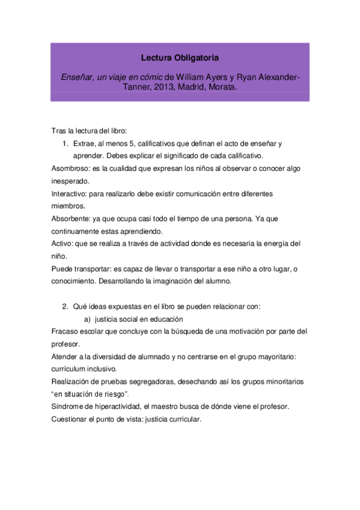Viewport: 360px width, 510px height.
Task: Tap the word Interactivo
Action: pos(69,193)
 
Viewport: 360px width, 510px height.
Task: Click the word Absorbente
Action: pos(70,218)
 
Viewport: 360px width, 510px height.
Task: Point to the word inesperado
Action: pos(70,180)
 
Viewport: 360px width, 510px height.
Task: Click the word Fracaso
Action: pos(64,331)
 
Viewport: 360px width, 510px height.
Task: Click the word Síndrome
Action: pos(68,407)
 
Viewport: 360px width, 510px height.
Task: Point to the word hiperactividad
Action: pos(117,407)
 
